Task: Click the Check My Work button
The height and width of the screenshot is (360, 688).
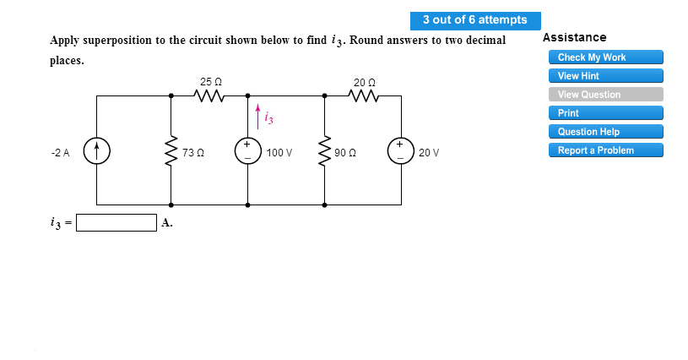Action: tap(605, 57)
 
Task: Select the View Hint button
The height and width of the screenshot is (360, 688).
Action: tap(605, 76)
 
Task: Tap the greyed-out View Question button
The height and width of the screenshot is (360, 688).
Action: tap(605, 95)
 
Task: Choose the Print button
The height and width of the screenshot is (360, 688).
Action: tap(605, 113)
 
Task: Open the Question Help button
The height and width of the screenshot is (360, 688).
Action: tap(605, 132)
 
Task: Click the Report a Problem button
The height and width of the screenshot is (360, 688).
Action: tap(605, 150)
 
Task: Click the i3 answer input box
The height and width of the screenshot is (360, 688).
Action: tap(116, 223)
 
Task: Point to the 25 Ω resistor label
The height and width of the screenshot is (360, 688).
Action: tap(210, 82)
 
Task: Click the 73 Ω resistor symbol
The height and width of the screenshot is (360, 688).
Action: tap(171, 152)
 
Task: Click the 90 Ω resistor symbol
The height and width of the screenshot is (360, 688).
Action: tap(325, 152)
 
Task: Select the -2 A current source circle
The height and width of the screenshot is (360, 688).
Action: tap(97, 152)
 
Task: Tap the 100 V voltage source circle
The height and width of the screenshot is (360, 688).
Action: tap(247, 152)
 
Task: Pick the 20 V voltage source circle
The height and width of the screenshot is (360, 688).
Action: tap(400, 152)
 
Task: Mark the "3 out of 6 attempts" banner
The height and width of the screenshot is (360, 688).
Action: tap(474, 20)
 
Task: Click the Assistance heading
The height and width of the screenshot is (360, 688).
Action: tap(574, 38)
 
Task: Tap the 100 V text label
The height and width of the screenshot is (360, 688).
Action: tap(279, 153)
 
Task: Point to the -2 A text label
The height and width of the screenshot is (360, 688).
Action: tap(61, 153)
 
